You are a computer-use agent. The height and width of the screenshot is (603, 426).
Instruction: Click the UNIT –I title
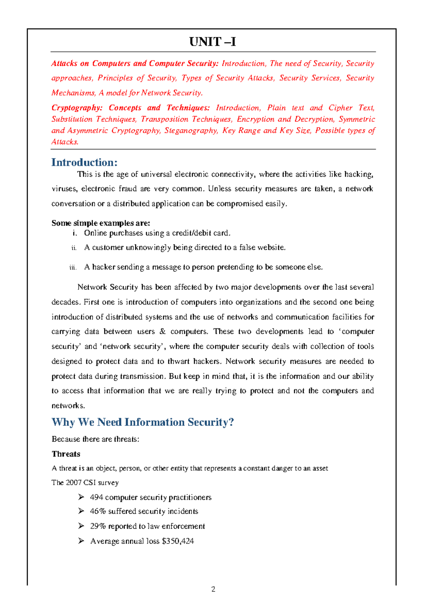[212, 42]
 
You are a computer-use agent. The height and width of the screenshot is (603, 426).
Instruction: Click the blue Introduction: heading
[84, 162]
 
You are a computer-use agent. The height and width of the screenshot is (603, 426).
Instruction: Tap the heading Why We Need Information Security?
[142, 422]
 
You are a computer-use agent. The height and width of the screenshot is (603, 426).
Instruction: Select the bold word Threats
[66, 454]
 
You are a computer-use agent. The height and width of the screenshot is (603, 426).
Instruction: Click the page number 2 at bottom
[213, 590]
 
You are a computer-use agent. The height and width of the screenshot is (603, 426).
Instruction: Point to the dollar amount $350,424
[177, 541]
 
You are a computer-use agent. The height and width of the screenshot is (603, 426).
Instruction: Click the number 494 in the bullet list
[96, 497]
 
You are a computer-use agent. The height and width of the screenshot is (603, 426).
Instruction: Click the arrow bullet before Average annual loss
[81, 541]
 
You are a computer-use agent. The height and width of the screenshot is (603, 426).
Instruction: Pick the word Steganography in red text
[191, 131]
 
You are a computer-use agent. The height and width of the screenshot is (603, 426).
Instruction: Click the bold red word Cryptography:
[77, 108]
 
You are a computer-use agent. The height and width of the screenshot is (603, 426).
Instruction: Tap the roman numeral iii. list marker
[73, 268]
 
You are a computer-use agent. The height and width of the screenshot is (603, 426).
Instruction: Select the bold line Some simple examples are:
[101, 223]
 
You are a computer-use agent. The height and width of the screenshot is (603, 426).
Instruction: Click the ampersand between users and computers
[163, 332]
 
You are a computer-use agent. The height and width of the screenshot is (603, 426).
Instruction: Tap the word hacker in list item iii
[103, 267]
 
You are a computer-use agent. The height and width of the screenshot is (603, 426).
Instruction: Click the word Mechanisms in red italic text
[73, 93]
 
